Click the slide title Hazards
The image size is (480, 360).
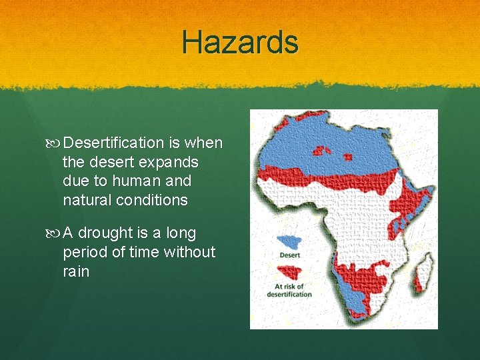point(240,43)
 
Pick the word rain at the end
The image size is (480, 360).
point(76,271)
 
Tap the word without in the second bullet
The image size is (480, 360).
point(191,252)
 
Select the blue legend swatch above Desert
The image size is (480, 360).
point(288,241)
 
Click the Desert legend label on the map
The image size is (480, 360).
point(289,255)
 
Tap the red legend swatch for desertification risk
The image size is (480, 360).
point(289,272)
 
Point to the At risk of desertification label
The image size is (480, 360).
point(289,291)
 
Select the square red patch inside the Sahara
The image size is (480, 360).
point(348,157)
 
